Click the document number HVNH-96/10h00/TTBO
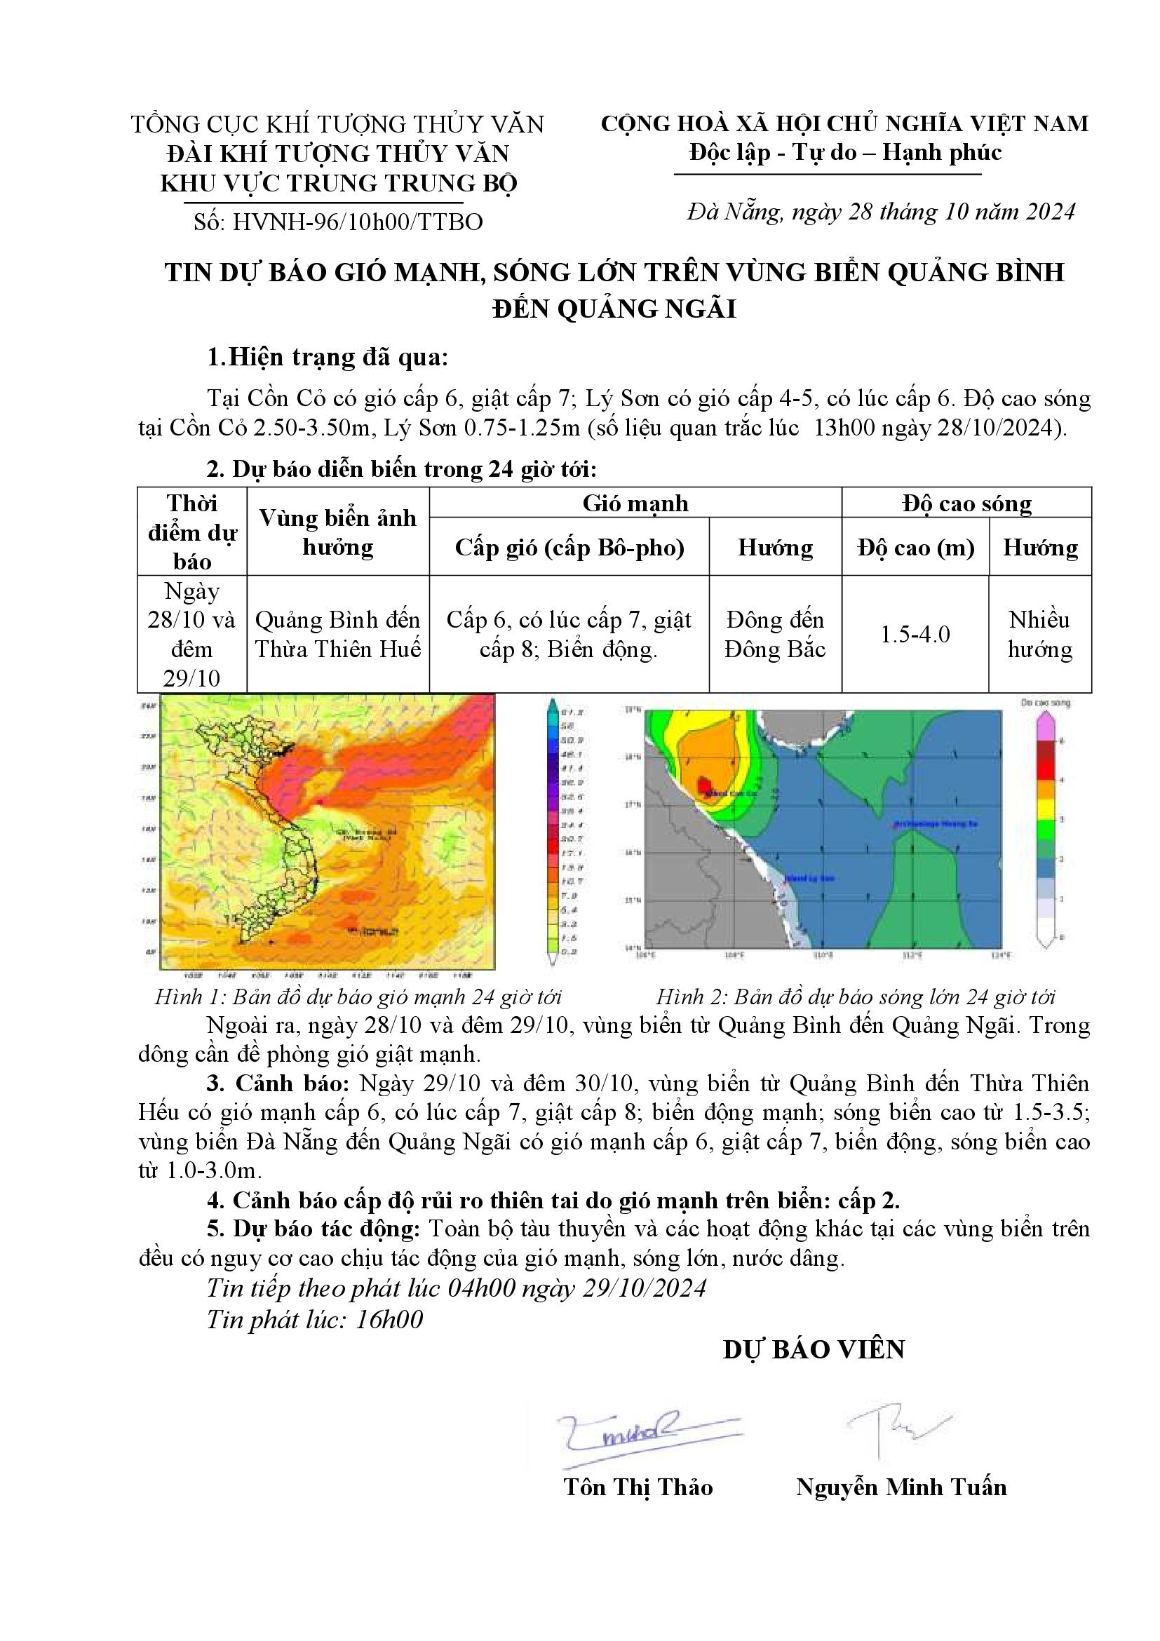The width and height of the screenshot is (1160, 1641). pyautogui.click(x=338, y=222)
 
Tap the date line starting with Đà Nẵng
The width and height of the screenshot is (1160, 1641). pyautogui.click(x=881, y=212)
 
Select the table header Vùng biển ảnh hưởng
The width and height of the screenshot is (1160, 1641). pyautogui.click(x=337, y=532)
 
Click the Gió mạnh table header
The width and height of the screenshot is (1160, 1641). pyautogui.click(x=635, y=503)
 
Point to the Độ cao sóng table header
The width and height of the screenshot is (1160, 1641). pyautogui.click(x=966, y=503)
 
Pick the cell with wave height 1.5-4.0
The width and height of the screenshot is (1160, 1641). pyautogui.click(x=915, y=634)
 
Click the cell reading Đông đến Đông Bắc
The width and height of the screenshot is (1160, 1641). pyautogui.click(x=775, y=634)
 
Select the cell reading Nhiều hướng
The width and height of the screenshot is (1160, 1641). pyautogui.click(x=1040, y=634)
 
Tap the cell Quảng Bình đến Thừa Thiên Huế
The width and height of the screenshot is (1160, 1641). pyautogui.click(x=337, y=634)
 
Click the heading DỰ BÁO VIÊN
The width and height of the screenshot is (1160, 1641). pyautogui.click(x=814, y=1349)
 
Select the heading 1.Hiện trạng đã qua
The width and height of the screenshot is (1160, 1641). pyautogui.click(x=328, y=358)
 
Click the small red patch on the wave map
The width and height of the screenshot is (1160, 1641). pyautogui.click(x=704, y=782)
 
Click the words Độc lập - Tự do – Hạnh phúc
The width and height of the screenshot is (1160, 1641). pyautogui.click(x=845, y=152)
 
